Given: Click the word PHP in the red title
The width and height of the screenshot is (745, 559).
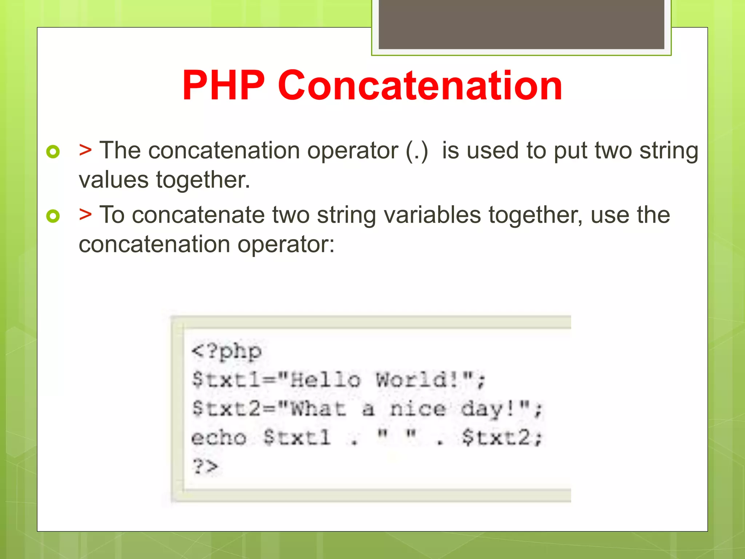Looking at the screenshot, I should (223, 86).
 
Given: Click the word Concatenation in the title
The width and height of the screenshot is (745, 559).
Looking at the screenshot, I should (420, 86).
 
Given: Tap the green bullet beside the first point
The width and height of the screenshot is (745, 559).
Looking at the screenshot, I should (53, 151).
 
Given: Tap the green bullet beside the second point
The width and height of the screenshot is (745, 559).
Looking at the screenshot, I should (53, 216).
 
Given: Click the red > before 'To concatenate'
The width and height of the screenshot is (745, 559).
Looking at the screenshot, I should (85, 214).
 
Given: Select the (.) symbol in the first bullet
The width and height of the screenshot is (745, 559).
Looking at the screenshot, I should (417, 151).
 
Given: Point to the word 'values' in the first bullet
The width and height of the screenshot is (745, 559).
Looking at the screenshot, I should (113, 180).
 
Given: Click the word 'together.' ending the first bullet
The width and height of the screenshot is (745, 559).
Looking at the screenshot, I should (203, 180).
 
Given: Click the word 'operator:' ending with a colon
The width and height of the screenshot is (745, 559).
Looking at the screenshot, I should (286, 245).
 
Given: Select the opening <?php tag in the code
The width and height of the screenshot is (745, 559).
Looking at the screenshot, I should (226, 352).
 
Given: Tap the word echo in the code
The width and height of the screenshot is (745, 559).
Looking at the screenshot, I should (219, 437).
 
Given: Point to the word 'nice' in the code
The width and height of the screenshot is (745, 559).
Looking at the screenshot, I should (418, 409).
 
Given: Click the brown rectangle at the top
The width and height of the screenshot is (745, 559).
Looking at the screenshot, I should (521, 24).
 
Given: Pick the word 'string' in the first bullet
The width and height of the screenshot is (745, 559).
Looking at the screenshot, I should (669, 151).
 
